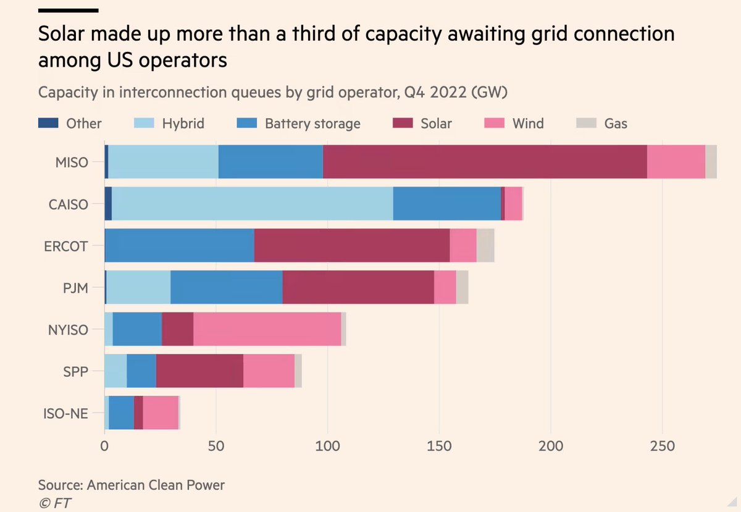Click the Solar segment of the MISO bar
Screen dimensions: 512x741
click(x=485, y=162)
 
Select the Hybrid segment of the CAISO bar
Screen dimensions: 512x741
click(x=252, y=203)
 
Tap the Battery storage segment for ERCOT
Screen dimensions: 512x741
click(x=179, y=245)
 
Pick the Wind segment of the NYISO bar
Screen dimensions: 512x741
click(x=267, y=329)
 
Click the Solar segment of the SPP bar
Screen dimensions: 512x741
click(x=199, y=371)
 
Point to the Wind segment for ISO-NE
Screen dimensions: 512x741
click(x=161, y=413)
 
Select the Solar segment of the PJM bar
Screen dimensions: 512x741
click(x=358, y=287)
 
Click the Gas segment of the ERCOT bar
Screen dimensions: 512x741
click(x=485, y=245)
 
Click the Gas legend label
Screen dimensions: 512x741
click(x=616, y=124)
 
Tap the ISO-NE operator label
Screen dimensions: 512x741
click(x=66, y=413)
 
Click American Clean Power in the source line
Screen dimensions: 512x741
click(x=156, y=485)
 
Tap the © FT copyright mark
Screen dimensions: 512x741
click(x=54, y=503)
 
